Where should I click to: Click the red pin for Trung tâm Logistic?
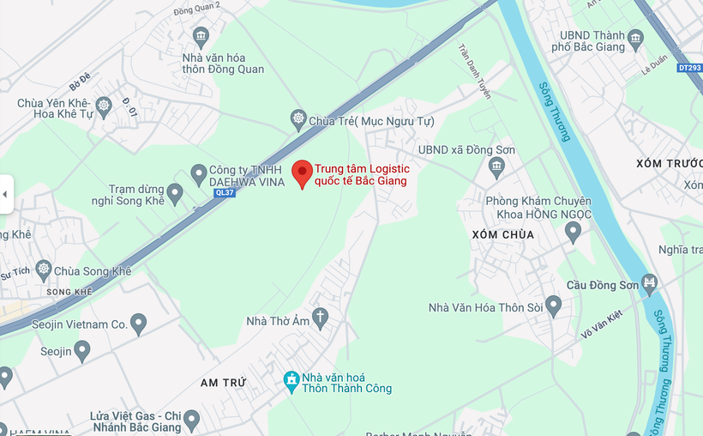pos(302,173)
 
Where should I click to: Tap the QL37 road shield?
pos(225,193)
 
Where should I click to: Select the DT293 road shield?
pos(688,67)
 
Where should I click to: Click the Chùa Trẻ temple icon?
pos(298,119)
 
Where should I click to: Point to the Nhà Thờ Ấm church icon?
pos(320,318)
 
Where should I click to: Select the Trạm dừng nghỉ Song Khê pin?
pos(175,194)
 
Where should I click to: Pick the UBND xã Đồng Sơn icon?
pos(496,166)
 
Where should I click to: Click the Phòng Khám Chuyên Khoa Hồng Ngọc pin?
pos(573,231)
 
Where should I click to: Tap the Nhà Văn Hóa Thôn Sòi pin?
pos(553,306)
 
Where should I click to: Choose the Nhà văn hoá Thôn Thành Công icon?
pos(291,380)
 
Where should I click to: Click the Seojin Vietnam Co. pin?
pos(138,324)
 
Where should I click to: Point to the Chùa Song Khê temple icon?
pos(44,270)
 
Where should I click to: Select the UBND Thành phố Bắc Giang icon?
pos(635,38)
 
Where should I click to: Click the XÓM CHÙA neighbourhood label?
pos(502,234)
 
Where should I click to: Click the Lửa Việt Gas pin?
pos(191,421)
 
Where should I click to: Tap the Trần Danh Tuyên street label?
pos(475,71)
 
